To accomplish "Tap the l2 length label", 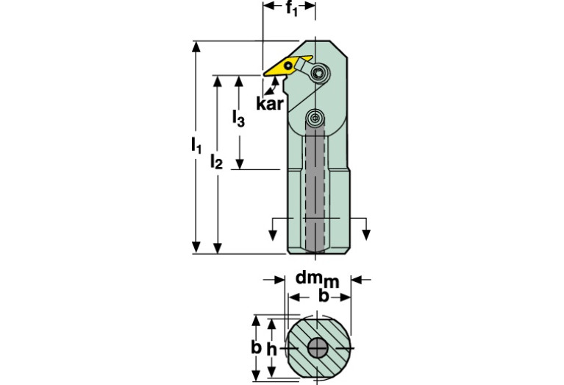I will tap(215, 161).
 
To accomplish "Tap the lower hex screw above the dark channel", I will tap(315, 118).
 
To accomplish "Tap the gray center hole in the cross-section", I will tap(317, 348).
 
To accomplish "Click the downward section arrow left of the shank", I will tap(273, 233).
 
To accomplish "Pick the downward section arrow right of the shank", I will tap(368, 233).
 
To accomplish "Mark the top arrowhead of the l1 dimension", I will tap(196, 46).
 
